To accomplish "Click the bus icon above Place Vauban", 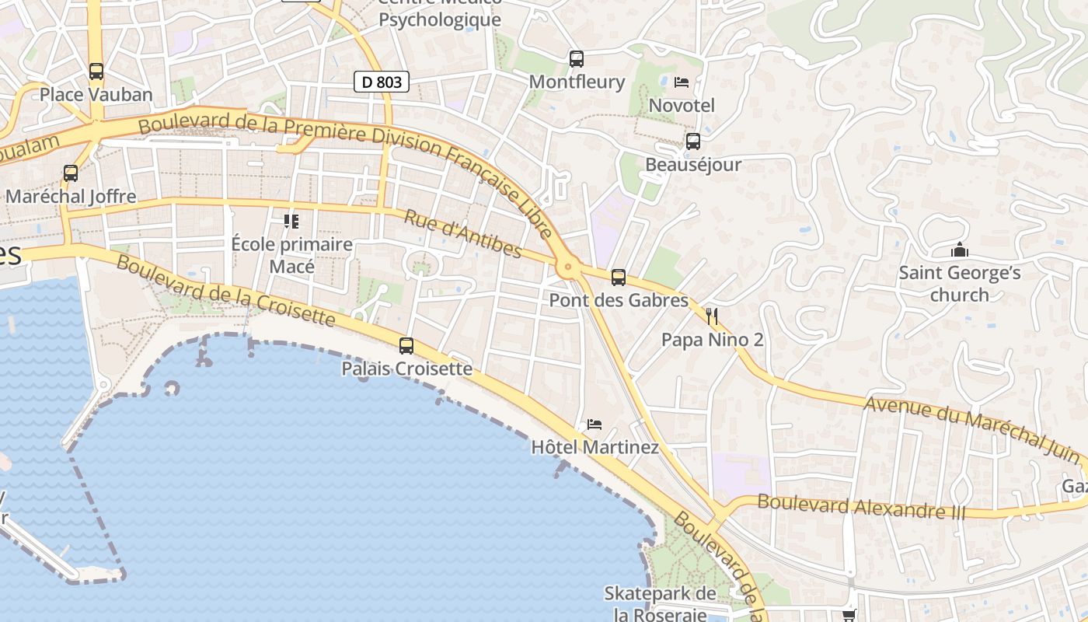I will [96, 72].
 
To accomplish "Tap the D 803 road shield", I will [381, 81].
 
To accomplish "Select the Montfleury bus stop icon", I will [576, 58].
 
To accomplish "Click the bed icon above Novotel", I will [682, 82].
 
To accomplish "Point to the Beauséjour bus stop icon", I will [692, 142].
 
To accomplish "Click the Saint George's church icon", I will [960, 250].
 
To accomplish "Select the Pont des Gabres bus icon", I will [619, 277].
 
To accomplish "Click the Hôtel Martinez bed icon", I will [595, 425].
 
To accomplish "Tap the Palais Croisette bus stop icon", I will [406, 346].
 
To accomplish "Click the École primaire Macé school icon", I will [291, 222].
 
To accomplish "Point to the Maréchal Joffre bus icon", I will [71, 173].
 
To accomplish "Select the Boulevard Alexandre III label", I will [861, 506].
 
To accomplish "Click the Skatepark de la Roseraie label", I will [660, 603].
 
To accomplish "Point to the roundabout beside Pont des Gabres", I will [568, 267].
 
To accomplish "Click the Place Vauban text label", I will [96, 95].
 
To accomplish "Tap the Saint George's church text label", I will [960, 284].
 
